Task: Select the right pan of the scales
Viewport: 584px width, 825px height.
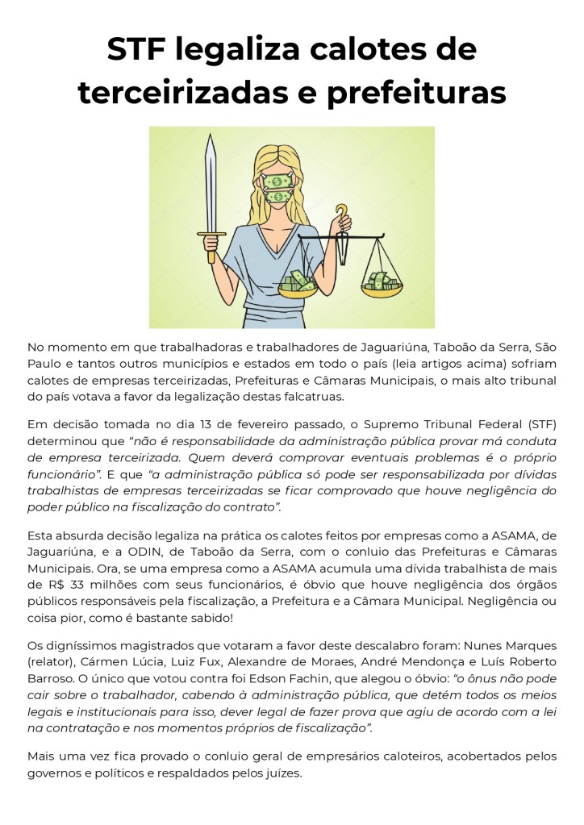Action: [x=381, y=283]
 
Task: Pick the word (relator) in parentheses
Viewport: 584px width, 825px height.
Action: [x=52, y=663]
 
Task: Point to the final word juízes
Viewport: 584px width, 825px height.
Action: [x=280, y=773]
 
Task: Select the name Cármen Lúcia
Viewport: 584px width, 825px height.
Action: [x=120, y=663]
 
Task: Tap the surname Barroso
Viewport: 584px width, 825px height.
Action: [x=53, y=679]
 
